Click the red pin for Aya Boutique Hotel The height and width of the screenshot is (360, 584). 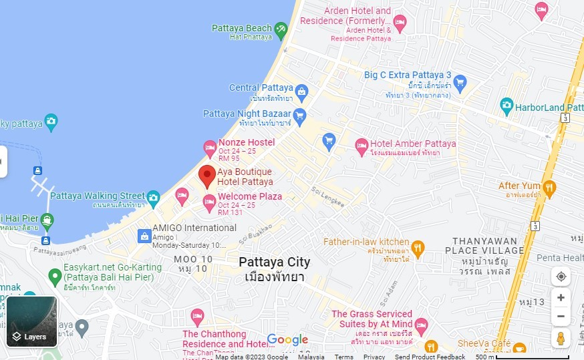207,175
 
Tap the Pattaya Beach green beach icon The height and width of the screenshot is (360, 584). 281,29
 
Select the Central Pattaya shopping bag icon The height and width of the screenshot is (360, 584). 301,90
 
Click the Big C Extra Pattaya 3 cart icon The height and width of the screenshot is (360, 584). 460,82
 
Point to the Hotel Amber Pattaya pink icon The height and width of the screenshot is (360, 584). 361,145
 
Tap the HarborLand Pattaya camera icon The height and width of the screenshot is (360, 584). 506,105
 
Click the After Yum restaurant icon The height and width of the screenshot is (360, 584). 549,186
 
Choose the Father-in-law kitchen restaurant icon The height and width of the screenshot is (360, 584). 418,248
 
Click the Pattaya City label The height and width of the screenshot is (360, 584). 275,262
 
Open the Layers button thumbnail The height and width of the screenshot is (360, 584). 31,322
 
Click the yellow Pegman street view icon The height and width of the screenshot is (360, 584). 561,338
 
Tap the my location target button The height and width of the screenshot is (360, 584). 561,277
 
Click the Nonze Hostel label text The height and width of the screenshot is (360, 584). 247,142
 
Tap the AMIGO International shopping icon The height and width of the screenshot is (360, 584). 144,236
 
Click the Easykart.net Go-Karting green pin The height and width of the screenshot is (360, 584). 55,275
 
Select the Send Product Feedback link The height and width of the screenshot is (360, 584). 430,357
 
